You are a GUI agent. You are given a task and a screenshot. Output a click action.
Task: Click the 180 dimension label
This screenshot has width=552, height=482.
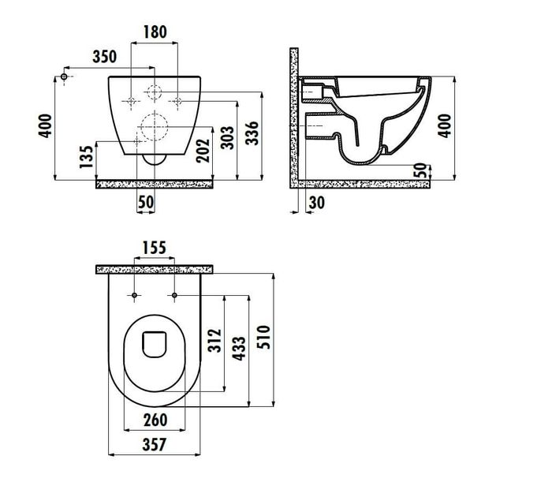coord(155,32)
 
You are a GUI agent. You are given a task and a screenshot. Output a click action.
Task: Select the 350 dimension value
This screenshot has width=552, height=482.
coord(104,56)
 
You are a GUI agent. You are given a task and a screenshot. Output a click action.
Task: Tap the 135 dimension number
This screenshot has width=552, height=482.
coord(87,157)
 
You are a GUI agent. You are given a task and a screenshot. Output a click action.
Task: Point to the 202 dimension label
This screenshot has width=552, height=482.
coord(203,151)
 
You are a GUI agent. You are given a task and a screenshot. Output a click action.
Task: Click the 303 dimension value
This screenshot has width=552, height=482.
coord(227,137)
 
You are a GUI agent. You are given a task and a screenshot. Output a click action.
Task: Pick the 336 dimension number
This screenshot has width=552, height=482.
coord(252,133)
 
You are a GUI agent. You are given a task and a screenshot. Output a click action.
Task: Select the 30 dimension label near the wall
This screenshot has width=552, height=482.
coord(316,203)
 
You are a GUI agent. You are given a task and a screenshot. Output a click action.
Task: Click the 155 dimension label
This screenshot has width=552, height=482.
coord(155,248)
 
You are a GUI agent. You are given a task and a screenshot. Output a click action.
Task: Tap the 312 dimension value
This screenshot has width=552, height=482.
coord(214,341)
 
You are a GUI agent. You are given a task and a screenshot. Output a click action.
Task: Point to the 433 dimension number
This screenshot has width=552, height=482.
coord(239,349)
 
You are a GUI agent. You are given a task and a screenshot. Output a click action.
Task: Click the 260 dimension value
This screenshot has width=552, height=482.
coord(155,420)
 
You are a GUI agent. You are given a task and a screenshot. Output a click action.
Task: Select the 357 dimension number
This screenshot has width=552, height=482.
coord(155,444)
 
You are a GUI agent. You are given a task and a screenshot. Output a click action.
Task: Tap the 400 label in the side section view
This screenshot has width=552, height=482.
coord(446,125)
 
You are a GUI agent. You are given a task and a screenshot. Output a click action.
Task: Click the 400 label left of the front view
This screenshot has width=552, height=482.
coord(45,125)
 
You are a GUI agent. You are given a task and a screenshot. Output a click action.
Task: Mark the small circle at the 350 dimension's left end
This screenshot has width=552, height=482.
coord(64,77)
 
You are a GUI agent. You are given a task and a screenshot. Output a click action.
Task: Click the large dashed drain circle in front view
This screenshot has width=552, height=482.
coord(155,127)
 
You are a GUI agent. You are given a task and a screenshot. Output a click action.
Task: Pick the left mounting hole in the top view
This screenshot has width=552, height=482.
coord(134,295)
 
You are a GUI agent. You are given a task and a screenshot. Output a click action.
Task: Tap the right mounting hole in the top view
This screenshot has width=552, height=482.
coord(174,295)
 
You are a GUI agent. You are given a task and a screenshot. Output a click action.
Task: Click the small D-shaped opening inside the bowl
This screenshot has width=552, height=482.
coord(155,344)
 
